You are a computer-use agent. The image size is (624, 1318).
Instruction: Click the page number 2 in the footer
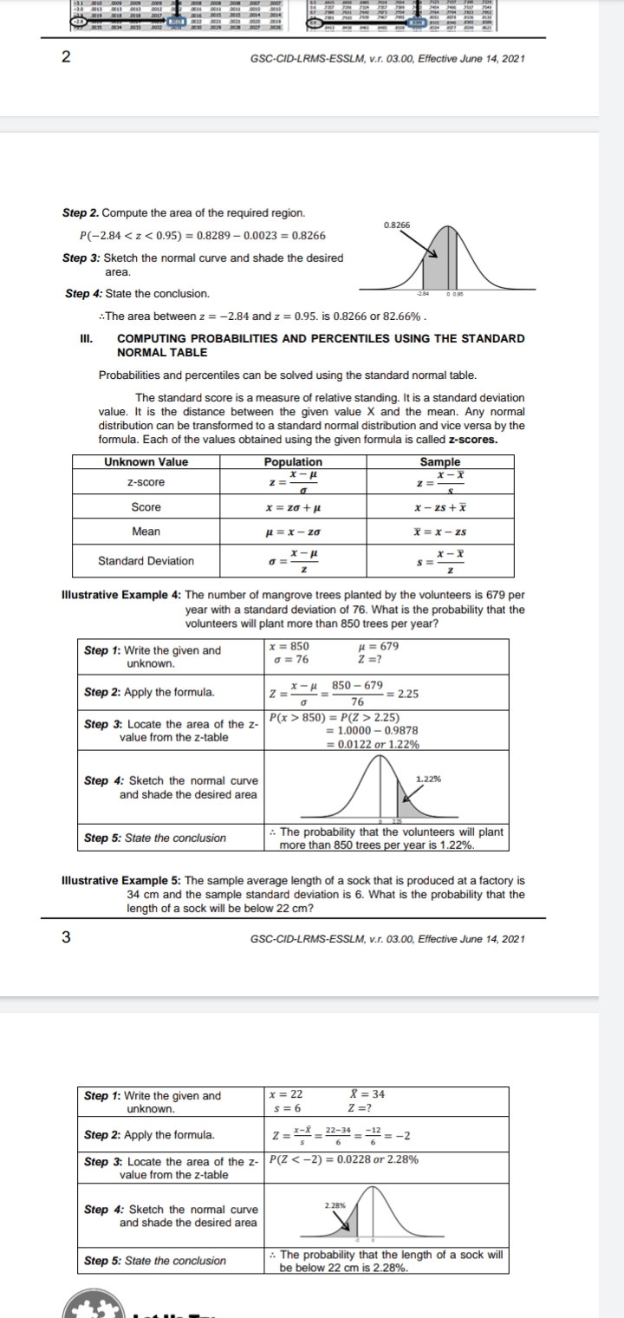66,59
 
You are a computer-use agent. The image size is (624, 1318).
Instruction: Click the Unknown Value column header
146,462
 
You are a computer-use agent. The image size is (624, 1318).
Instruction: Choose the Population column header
293,462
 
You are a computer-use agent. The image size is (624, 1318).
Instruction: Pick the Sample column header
439,462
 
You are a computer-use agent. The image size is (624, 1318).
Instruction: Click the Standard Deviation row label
146,561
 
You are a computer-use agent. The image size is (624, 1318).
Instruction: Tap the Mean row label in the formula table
146,532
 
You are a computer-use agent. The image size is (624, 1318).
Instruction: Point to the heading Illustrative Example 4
121,595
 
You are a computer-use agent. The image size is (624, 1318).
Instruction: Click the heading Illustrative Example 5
121,881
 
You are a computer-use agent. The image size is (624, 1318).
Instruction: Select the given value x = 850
289,646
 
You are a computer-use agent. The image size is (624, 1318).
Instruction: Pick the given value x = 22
286,1095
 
